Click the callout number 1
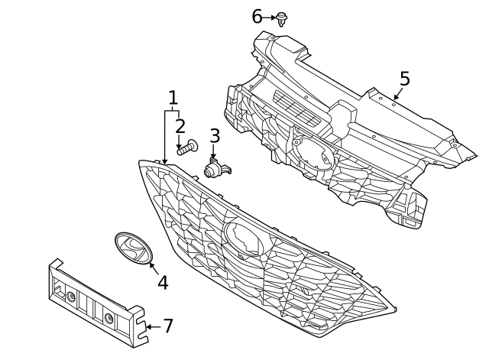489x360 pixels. (173, 98)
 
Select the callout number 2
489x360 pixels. (180, 126)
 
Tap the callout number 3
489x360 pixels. (215, 136)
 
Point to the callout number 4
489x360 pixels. (162, 282)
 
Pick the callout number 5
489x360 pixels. (404, 79)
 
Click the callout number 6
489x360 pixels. (257, 16)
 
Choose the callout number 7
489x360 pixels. (168, 326)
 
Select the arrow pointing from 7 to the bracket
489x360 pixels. (152, 327)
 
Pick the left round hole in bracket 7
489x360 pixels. (70, 297)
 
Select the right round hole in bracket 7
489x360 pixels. (110, 317)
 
